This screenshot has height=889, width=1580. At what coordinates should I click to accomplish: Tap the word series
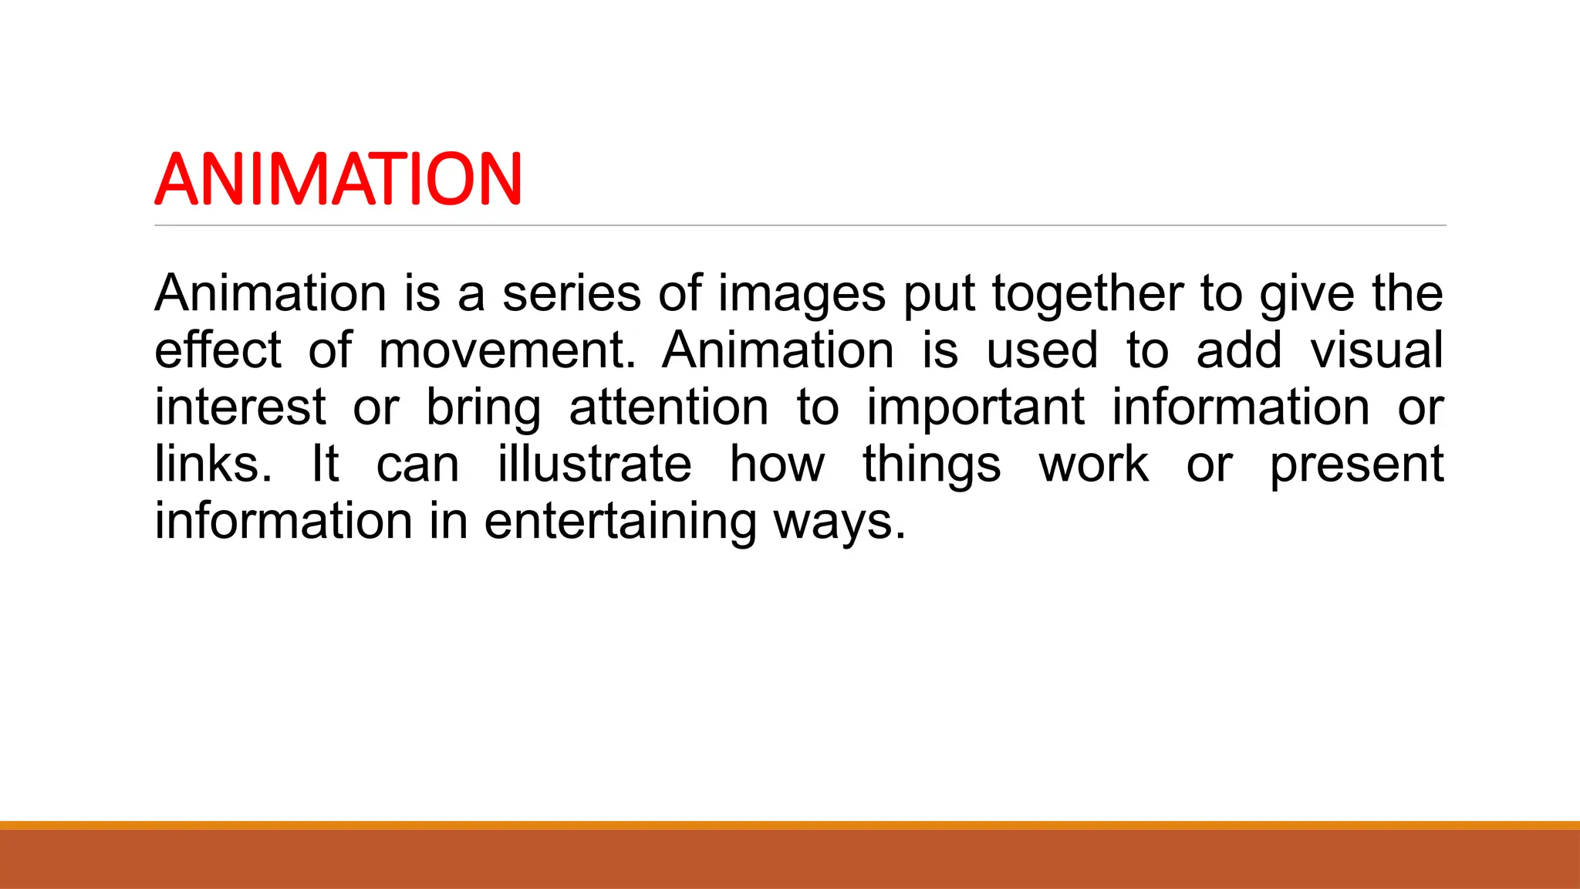pos(572,294)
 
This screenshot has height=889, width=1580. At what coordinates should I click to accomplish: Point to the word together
pos(1087,294)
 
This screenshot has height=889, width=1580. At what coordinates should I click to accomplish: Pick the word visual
pos(1376,350)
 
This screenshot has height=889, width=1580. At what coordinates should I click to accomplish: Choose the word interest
pos(240,407)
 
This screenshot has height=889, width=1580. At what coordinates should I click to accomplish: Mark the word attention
pos(669,407)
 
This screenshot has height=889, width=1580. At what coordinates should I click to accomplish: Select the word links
pos(213,464)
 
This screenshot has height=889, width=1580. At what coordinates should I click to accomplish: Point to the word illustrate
pos(594,464)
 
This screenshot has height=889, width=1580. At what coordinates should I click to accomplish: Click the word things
pos(931,465)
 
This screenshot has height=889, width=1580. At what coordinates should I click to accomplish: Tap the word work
pos(1093,464)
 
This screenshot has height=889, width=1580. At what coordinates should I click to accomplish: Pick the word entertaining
pos(620,522)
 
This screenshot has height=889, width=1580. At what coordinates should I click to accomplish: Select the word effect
pos(218,350)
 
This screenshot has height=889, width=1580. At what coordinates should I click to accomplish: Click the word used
pos(1042,351)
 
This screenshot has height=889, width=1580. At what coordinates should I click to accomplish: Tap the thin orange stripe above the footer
pos(790,825)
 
